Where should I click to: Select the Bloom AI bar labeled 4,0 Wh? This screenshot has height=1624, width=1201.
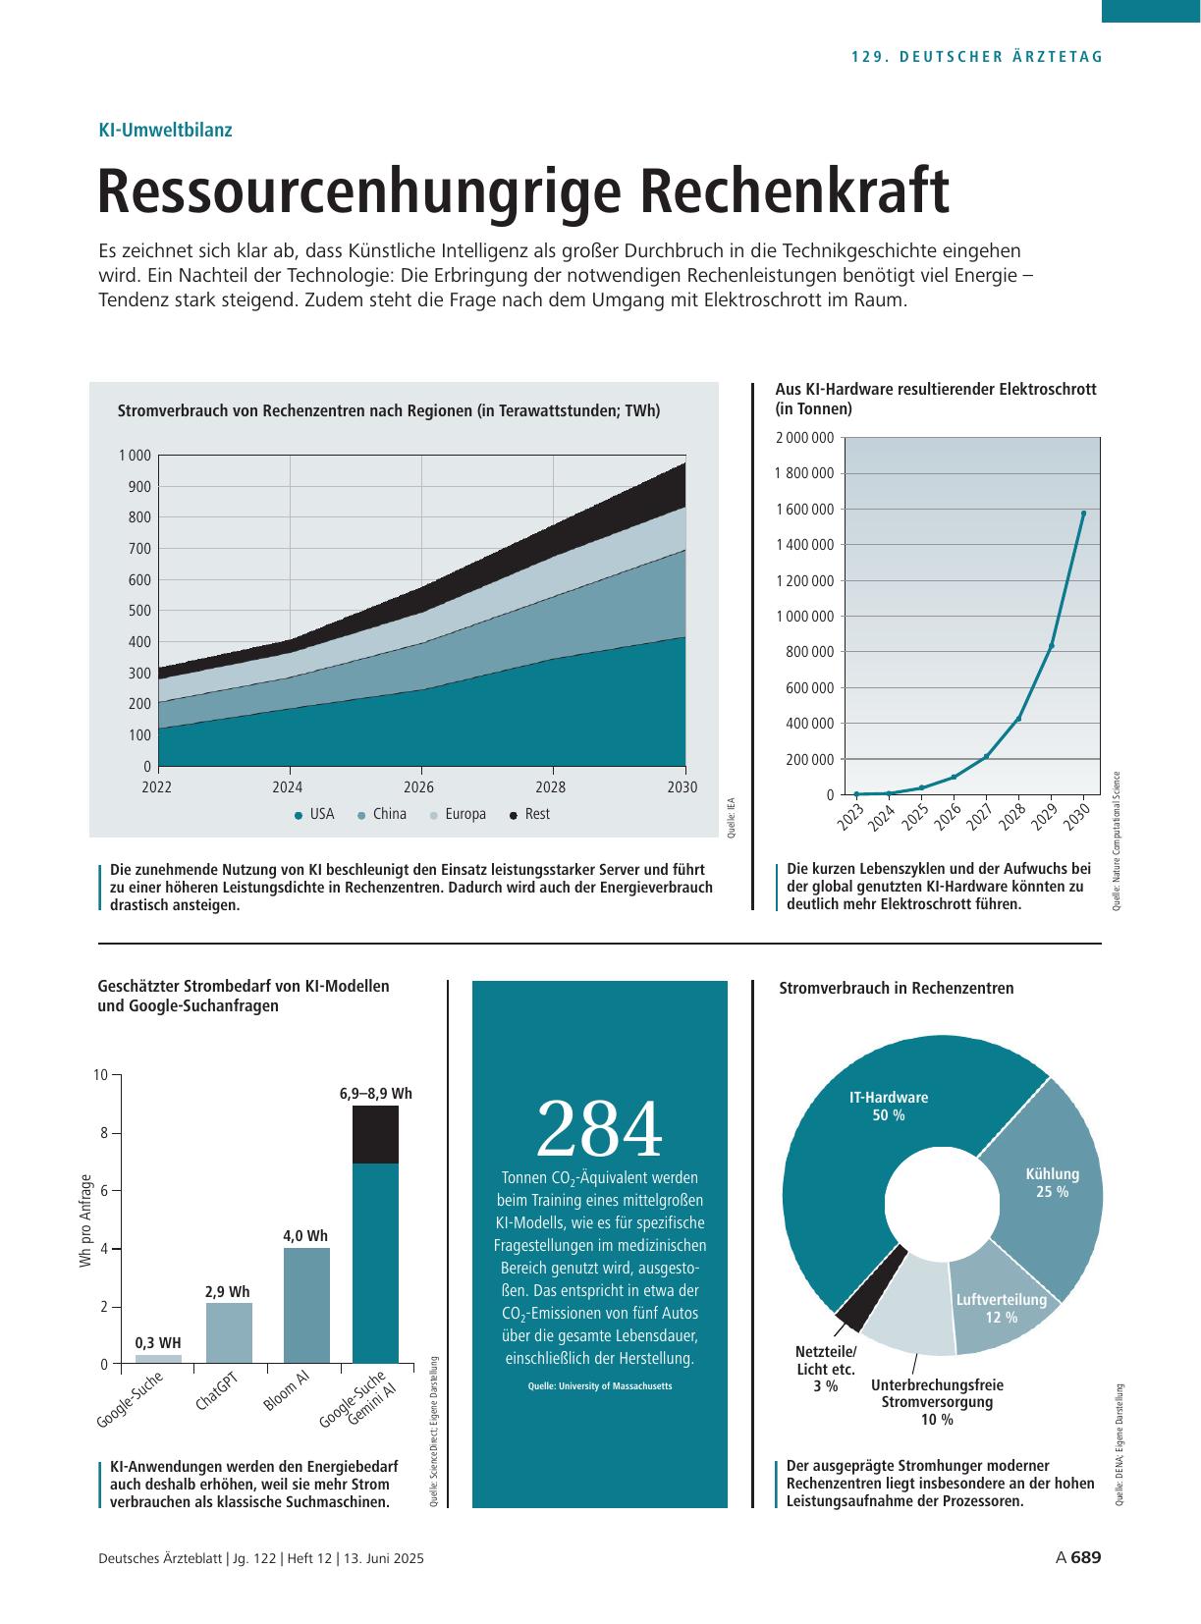pyautogui.click(x=306, y=1306)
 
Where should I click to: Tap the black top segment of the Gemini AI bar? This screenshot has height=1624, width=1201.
pyautogui.click(x=376, y=1134)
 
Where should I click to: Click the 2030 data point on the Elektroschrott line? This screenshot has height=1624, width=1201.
pyautogui.click(x=1083, y=514)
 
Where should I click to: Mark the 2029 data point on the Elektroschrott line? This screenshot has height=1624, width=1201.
pyautogui.click(x=1052, y=646)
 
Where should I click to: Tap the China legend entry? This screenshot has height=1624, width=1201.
pyautogui.click(x=382, y=814)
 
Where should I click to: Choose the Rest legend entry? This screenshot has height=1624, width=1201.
pyautogui.click(x=529, y=814)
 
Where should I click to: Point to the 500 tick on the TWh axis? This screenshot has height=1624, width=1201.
pyautogui.click(x=139, y=611)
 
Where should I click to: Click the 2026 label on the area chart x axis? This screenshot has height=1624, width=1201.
pyautogui.click(x=419, y=787)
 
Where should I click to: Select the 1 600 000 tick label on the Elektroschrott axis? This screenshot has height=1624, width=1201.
pyautogui.click(x=804, y=509)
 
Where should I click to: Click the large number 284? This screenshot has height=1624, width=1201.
pyautogui.click(x=599, y=1129)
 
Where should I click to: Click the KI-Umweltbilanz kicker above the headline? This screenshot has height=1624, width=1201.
pyautogui.click(x=166, y=131)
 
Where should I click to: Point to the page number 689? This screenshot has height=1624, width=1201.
pyautogui.click(x=1086, y=1557)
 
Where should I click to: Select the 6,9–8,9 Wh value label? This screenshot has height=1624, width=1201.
pyautogui.click(x=376, y=1094)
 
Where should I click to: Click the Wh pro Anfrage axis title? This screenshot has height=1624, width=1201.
pyautogui.click(x=85, y=1220)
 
